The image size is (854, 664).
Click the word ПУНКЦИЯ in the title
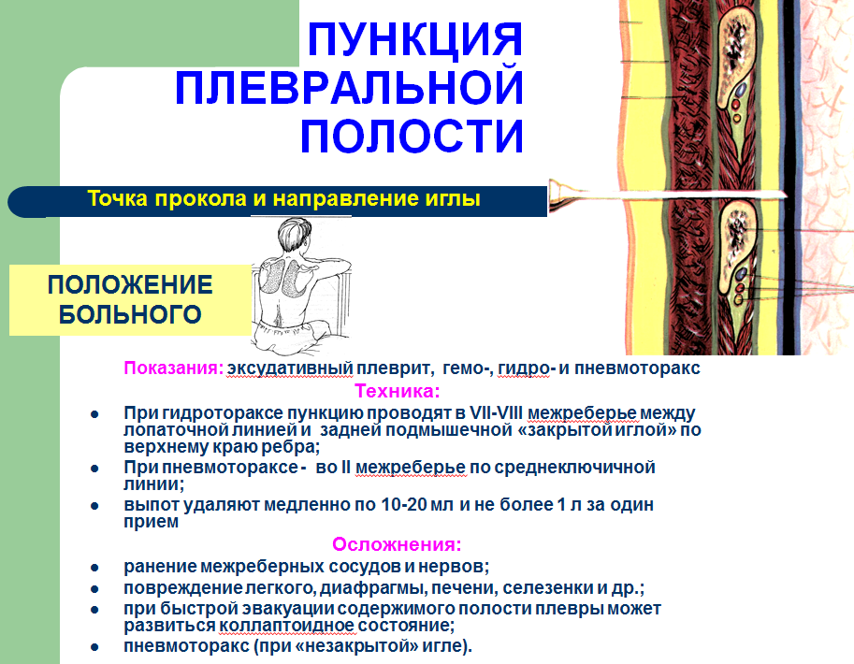click(415, 39)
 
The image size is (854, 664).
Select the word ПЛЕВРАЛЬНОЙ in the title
click(349, 87)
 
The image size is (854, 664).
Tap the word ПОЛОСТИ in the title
click(412, 136)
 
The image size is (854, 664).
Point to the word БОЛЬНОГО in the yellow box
click(130, 315)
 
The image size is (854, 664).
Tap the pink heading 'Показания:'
click(174, 368)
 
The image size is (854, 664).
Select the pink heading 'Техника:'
click(397, 391)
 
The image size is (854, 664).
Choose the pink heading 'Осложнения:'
click(397, 544)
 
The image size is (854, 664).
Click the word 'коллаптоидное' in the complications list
click(287, 626)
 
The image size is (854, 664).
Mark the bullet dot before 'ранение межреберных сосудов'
click(94, 568)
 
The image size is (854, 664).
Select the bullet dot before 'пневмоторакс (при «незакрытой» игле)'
click(94, 647)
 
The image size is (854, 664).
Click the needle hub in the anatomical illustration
click(561, 195)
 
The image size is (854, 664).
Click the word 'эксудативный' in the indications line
click(290, 368)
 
